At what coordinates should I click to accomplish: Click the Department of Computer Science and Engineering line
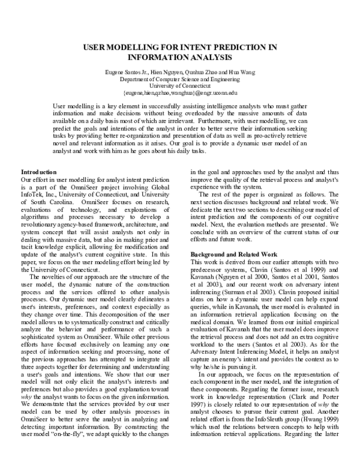pos(180,79)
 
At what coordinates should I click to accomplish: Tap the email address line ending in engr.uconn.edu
pos(180,93)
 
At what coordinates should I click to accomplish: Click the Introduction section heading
pos(39,172)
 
